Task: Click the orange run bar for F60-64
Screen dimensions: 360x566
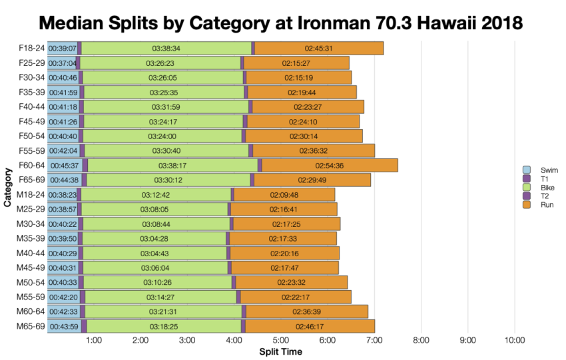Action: coord(330,165)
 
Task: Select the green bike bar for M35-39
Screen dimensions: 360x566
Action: coord(154,238)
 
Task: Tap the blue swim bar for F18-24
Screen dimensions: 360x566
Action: coord(62,48)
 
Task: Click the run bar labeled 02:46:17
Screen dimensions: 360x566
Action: coord(310,326)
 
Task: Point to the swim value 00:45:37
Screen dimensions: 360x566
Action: coord(64,165)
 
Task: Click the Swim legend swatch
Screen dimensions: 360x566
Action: coord(526,170)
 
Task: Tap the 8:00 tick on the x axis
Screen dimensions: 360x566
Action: coord(420,341)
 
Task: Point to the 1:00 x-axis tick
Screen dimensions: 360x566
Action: coord(94,341)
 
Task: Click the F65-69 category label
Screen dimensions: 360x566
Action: coord(31,180)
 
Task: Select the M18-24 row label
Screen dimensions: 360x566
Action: coord(31,194)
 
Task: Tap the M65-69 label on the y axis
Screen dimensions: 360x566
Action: coord(31,326)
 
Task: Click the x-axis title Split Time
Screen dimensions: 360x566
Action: coord(280,351)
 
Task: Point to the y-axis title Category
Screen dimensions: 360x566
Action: coord(8,187)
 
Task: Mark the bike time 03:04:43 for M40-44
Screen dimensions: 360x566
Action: coord(154,253)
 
